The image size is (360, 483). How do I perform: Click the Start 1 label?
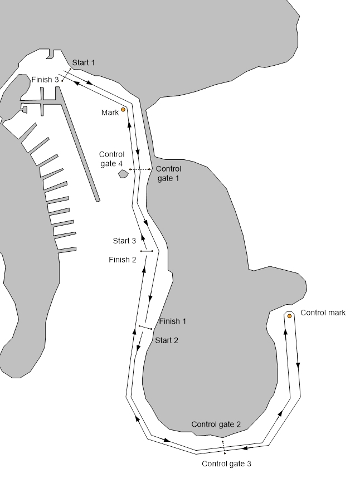click(84, 62)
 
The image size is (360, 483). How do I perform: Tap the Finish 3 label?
click(45, 80)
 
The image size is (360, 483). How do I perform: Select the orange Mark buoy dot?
click(123, 110)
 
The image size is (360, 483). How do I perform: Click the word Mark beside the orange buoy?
click(110, 113)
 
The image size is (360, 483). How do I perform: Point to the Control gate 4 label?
click(111, 159)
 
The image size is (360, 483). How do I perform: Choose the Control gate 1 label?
click(168, 173)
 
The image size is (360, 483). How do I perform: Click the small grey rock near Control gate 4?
click(124, 174)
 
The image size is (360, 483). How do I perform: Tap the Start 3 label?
click(124, 241)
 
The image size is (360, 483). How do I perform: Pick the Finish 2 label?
click(123, 260)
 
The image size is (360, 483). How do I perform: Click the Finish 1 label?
click(173, 321)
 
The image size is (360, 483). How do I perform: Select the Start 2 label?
click(167, 340)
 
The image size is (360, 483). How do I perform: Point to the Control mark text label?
click(323, 313)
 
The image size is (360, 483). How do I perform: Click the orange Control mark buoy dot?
click(289, 316)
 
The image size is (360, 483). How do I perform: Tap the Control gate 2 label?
click(216, 425)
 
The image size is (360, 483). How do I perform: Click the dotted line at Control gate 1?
click(140, 169)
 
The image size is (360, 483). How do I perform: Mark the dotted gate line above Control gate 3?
click(223, 446)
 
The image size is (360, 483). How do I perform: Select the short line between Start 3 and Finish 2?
click(147, 251)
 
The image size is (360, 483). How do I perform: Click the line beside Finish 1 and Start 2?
click(145, 328)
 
